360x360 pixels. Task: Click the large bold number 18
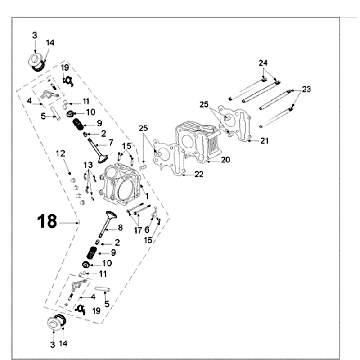(46, 220)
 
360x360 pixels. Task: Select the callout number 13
(88, 165)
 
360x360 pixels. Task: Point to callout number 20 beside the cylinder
(226, 159)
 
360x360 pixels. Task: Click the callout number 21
(265, 140)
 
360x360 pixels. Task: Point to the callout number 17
(137, 231)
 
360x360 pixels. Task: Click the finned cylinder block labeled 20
(200, 140)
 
